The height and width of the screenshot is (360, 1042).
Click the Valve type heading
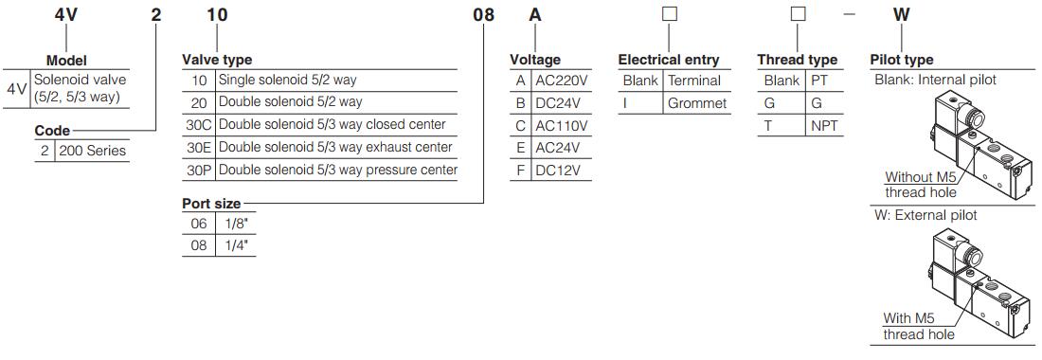click(x=217, y=60)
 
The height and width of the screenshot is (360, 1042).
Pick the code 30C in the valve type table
click(x=198, y=125)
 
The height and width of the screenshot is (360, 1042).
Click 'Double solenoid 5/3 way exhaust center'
click(x=335, y=148)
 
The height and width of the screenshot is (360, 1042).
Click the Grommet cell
click(x=696, y=102)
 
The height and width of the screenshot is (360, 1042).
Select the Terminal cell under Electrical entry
click(x=694, y=81)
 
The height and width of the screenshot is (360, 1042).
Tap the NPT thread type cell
click(x=822, y=125)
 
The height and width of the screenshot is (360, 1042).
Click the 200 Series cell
click(x=93, y=151)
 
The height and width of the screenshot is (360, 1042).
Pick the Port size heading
click(x=211, y=204)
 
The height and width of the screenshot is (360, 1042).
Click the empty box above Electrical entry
click(x=669, y=15)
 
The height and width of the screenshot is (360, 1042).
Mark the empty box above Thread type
click(x=799, y=15)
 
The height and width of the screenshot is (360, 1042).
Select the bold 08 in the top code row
click(x=483, y=15)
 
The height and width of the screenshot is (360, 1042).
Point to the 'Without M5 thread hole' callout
click(x=920, y=185)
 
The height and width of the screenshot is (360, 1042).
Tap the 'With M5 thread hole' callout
click(x=919, y=326)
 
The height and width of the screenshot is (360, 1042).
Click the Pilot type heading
click(x=901, y=60)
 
